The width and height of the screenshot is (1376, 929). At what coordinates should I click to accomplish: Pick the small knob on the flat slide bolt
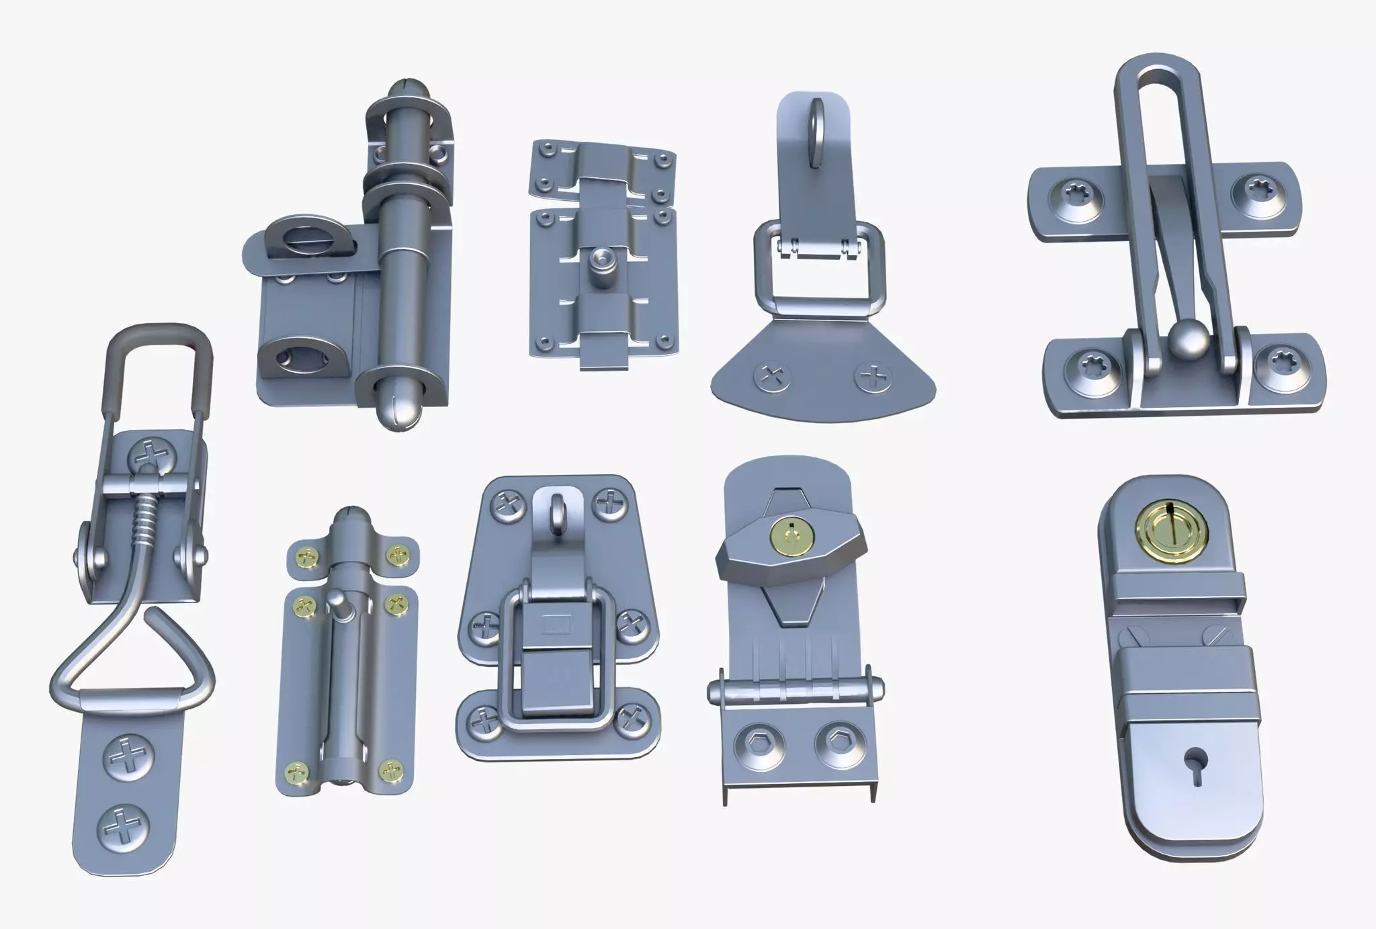[599, 261]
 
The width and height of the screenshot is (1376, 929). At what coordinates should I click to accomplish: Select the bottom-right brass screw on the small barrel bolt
[392, 771]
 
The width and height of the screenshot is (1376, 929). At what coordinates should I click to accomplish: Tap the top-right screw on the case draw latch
[610, 501]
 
